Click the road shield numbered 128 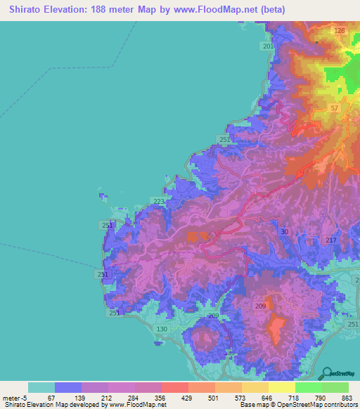click(340, 31)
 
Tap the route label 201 click(268, 46)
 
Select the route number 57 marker click(334, 108)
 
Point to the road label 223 click(159, 202)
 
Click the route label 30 click(284, 232)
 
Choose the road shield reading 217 click(332, 241)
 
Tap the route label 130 click(162, 329)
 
